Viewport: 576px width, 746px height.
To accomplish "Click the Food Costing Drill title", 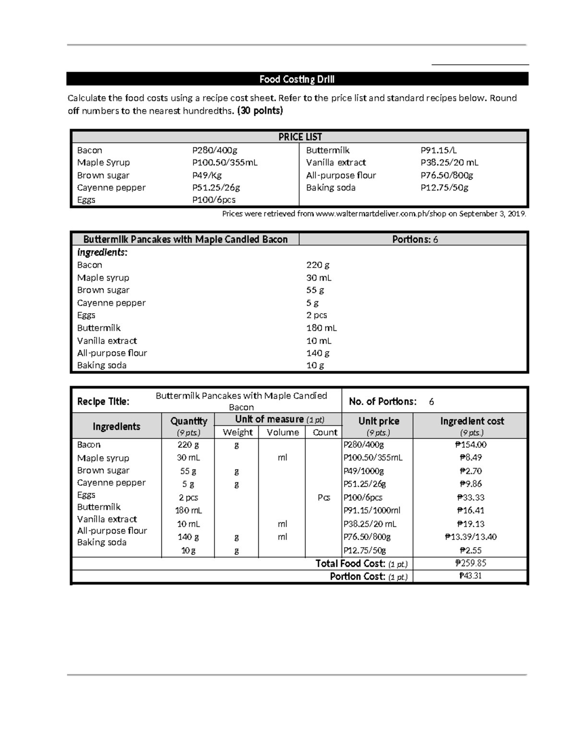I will [297, 79].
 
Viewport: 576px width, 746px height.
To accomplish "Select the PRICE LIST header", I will [300, 137].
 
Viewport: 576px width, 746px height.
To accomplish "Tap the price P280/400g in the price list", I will [215, 150].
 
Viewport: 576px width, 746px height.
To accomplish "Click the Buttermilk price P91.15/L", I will [438, 150].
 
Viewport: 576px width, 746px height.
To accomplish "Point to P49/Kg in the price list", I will [207, 175].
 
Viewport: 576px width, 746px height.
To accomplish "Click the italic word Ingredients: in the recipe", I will [102, 252].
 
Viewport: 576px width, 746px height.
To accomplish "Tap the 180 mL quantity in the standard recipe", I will [322, 328].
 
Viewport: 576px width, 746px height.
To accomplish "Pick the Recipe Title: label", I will [103, 402].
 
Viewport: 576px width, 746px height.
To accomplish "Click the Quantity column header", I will [189, 421].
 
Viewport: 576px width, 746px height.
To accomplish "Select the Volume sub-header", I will [283, 432].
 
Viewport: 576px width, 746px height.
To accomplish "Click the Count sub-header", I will [325, 432].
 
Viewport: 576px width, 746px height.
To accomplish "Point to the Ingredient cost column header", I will [472, 421].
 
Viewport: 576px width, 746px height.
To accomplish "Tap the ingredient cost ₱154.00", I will [470, 445].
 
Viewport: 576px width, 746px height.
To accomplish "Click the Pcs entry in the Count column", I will [324, 498].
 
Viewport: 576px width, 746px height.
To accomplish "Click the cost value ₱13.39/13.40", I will [470, 537].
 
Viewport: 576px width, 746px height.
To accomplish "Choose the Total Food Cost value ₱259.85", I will [470, 563].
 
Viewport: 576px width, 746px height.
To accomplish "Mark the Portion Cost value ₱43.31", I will [470, 576].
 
